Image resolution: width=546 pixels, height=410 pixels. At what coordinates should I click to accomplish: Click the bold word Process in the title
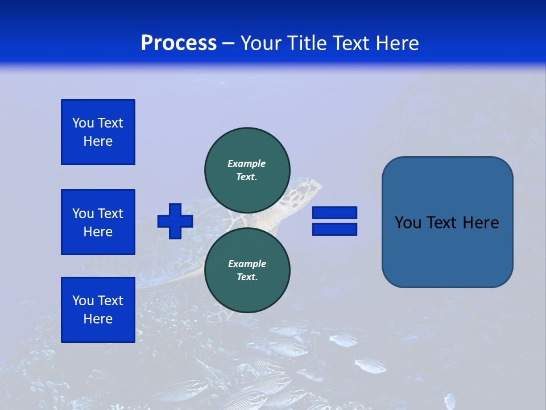point(179,43)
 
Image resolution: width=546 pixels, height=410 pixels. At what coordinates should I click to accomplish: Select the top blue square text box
point(98,132)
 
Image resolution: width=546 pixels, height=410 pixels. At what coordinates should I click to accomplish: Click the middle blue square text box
point(98,222)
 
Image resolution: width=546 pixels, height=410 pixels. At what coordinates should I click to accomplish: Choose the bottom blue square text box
point(98,310)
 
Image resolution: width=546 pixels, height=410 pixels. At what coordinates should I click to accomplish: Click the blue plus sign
point(175,221)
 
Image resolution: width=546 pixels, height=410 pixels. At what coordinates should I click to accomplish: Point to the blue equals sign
point(334,221)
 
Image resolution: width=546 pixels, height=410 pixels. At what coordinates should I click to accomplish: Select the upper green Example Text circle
point(247,170)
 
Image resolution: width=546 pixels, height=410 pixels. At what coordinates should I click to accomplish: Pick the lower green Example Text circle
point(247,270)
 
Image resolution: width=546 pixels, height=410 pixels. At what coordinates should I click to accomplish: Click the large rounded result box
point(447,222)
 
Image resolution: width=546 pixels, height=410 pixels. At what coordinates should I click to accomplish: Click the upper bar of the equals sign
point(334,213)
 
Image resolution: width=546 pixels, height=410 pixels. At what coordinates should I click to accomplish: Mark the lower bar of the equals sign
point(334,229)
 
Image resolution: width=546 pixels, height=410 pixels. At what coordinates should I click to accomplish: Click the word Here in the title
point(398,43)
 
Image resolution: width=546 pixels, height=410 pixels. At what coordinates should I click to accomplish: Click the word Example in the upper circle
point(247,163)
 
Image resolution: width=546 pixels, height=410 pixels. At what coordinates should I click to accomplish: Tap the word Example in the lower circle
point(247,264)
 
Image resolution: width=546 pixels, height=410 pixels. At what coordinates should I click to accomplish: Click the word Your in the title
point(262,43)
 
